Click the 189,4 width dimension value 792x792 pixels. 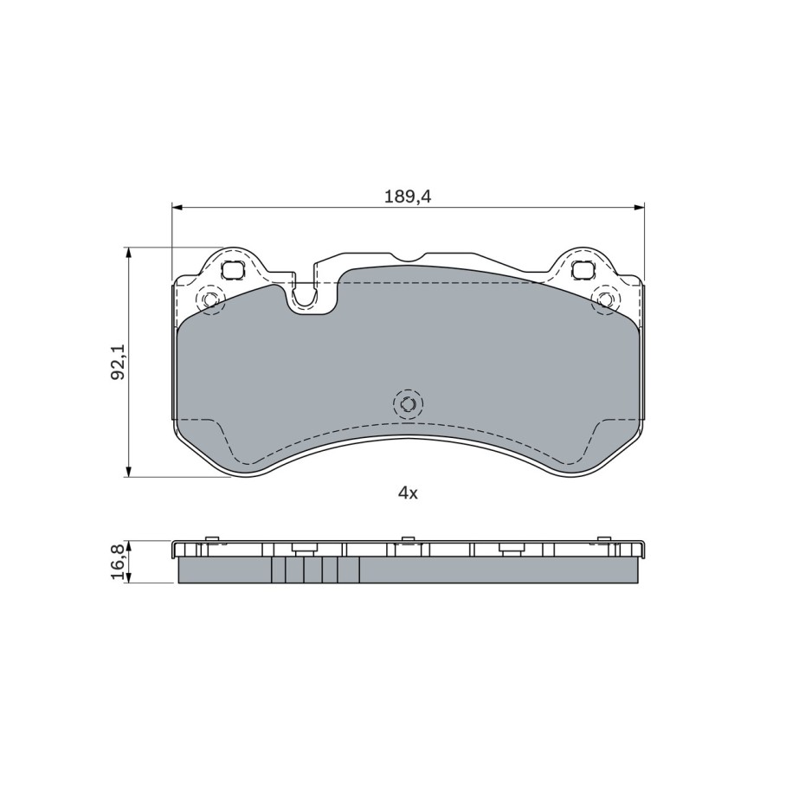[x=408, y=196]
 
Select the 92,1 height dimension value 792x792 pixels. [x=118, y=362]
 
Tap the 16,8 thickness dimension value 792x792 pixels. [x=118, y=562]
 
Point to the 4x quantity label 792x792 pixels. [x=408, y=493]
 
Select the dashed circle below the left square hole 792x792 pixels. [x=210, y=299]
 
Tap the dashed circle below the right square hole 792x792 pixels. [x=606, y=299]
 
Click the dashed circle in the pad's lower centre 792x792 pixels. [x=408, y=404]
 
